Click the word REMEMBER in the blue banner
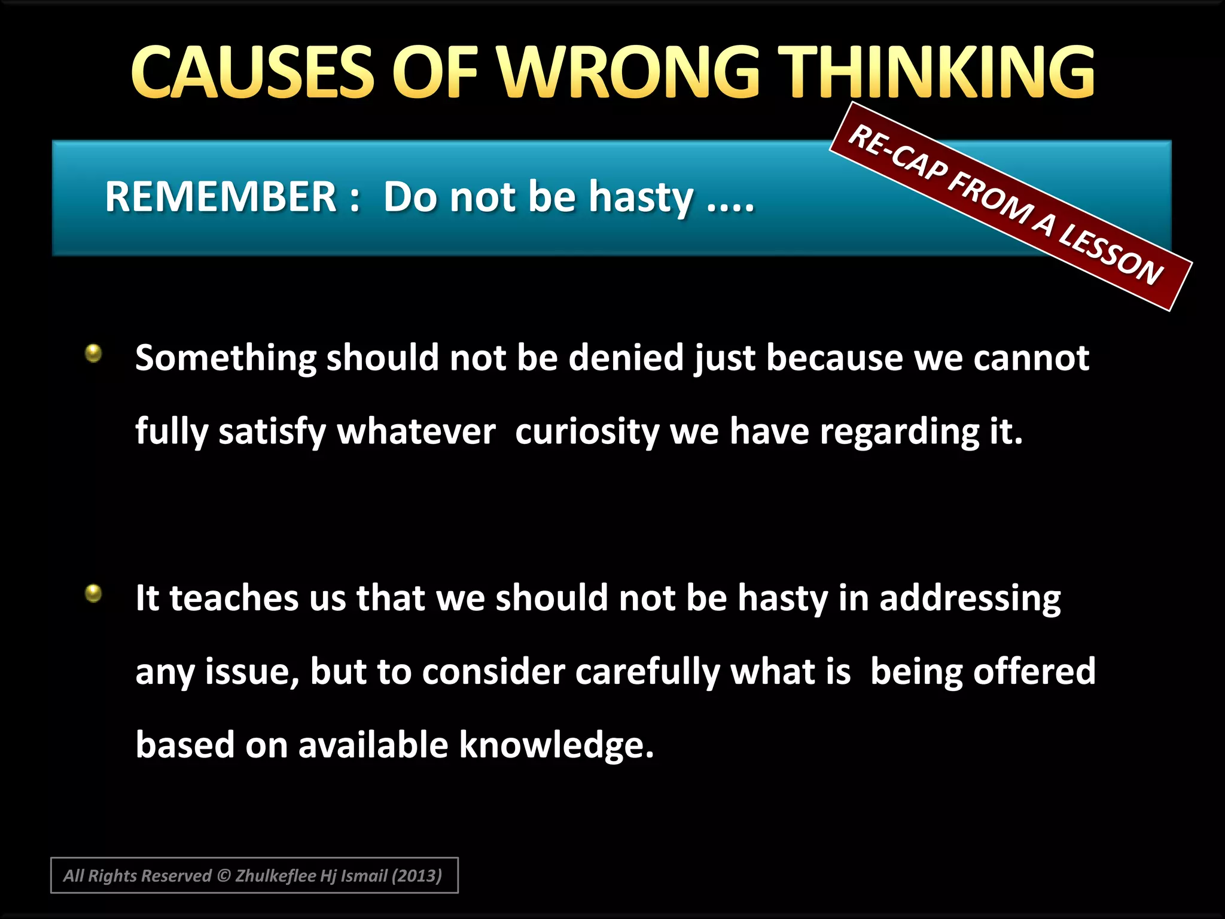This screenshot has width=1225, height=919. tap(221, 197)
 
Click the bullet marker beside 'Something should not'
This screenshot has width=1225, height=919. tap(93, 353)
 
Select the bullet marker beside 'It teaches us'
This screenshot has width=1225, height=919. tap(93, 594)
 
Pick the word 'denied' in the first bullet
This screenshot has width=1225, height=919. tap(626, 358)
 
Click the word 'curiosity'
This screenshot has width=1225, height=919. tap(586, 431)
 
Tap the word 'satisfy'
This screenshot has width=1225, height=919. tap(272, 431)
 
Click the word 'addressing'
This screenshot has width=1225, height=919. tap(970, 598)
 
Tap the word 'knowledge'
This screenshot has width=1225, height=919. tap(556, 745)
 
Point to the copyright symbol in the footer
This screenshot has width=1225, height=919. tap(224, 876)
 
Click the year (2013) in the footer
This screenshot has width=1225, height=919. tap(416, 876)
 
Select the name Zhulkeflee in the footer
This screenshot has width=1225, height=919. tap(275, 876)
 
